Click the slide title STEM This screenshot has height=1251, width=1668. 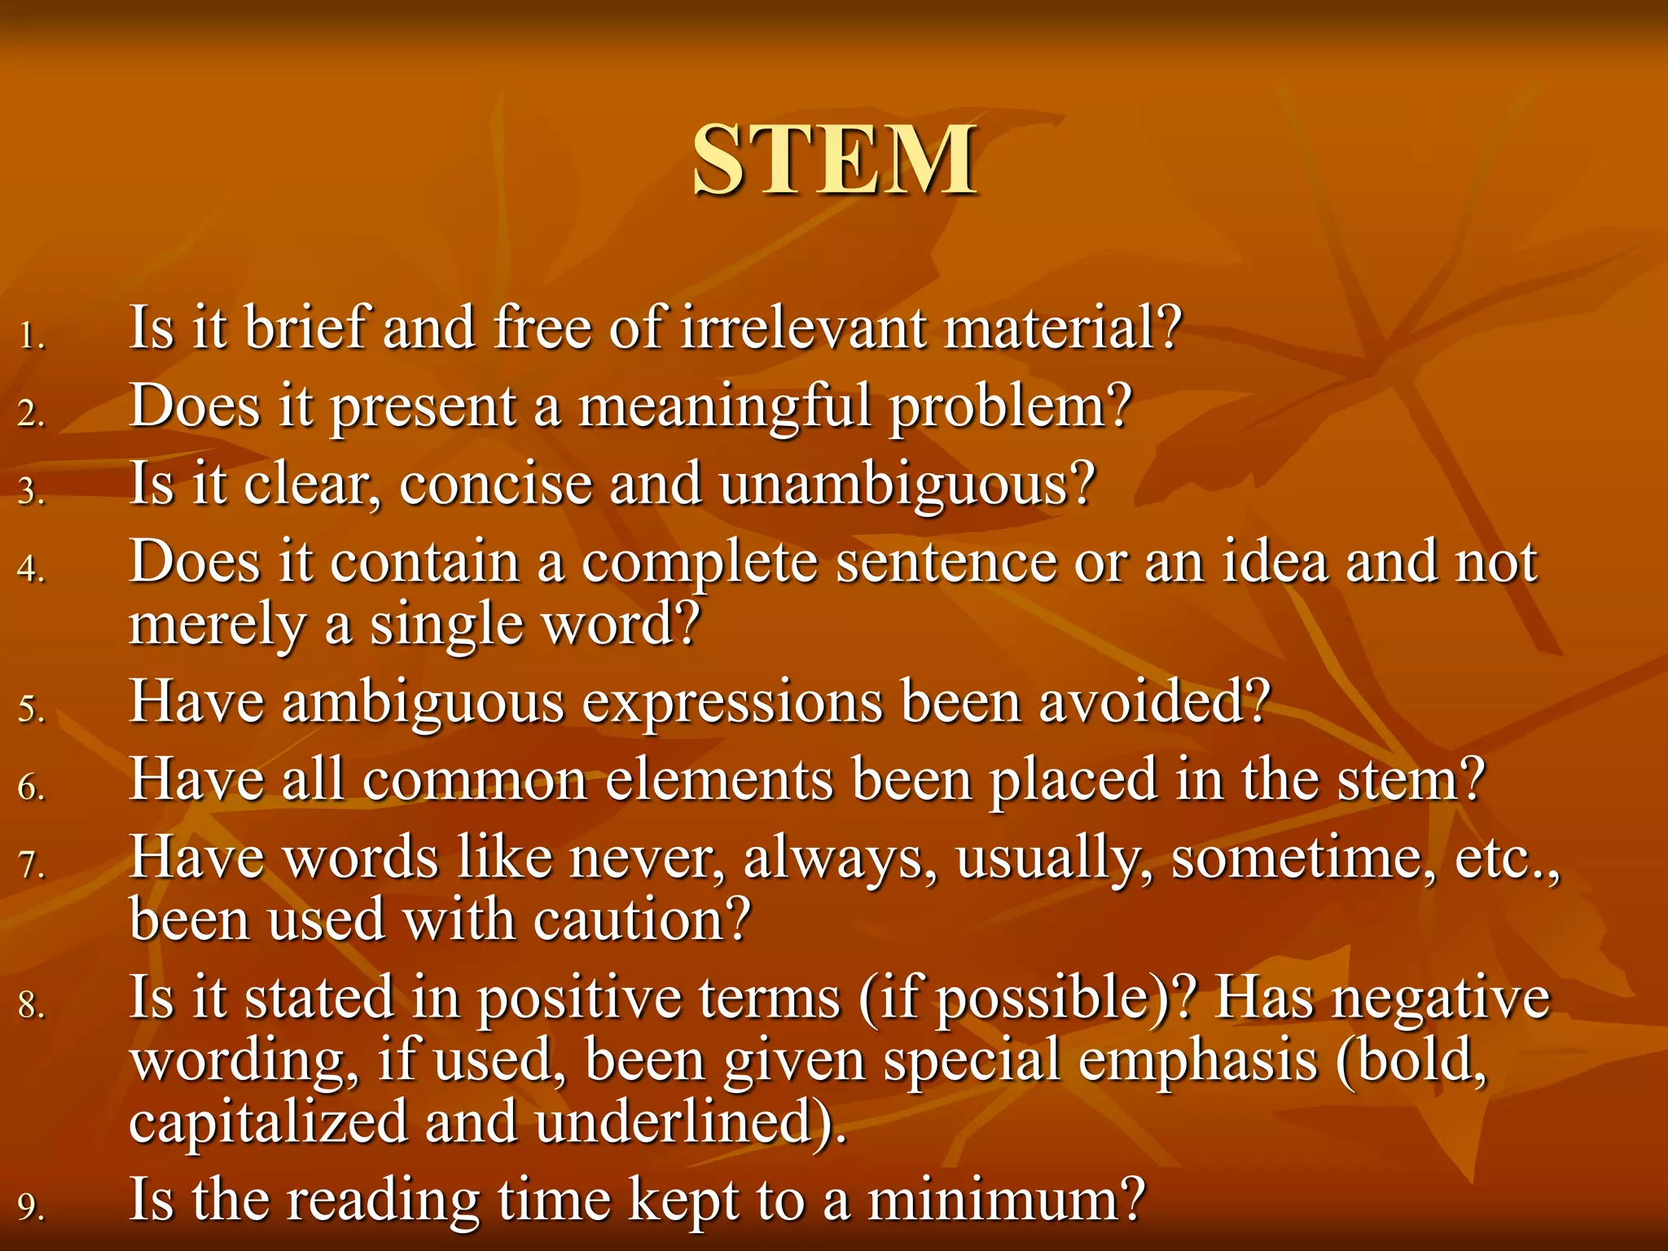pos(834,160)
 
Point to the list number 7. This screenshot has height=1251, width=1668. pos(31,865)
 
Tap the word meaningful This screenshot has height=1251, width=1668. pos(725,406)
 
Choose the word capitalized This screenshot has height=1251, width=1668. pos(269,1122)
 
